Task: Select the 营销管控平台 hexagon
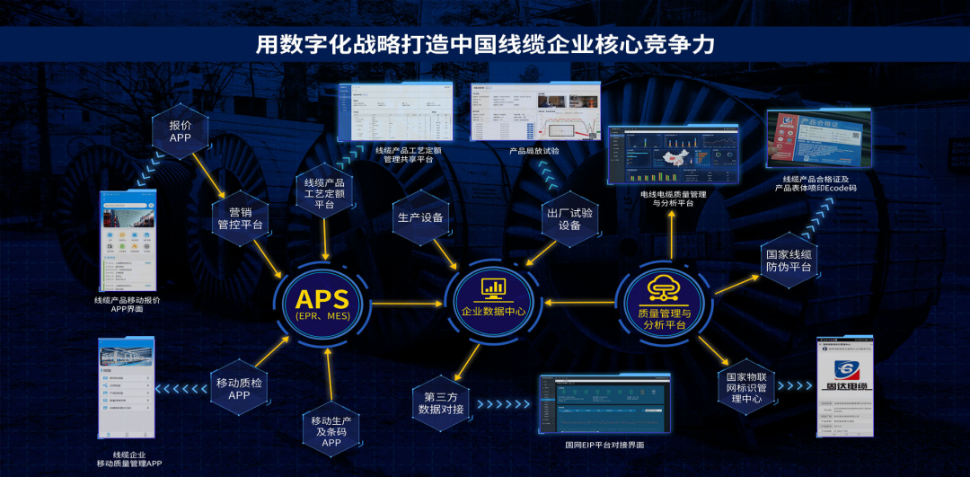(240, 217)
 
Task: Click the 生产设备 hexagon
(419, 217)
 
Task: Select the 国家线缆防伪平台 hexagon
(788, 260)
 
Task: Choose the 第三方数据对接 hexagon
(441, 402)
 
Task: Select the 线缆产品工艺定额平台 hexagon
(324, 193)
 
